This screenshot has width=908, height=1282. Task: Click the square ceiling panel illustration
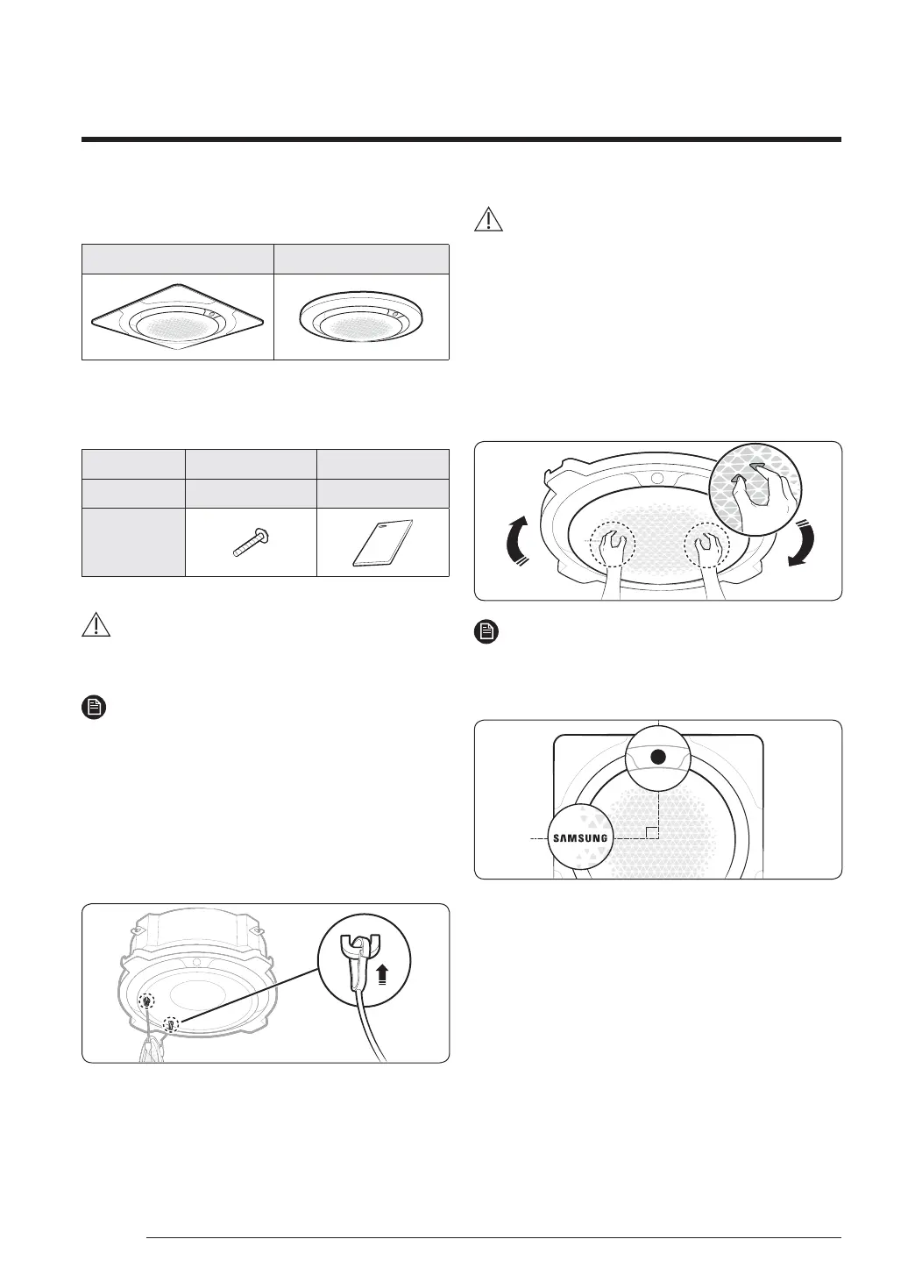(178, 318)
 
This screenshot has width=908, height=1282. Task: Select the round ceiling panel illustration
(361, 318)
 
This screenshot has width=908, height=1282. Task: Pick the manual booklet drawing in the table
(383, 543)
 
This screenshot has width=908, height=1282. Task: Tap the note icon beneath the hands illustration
(486, 630)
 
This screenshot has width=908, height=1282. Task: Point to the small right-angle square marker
(650, 832)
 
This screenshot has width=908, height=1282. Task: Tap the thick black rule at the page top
(462, 139)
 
